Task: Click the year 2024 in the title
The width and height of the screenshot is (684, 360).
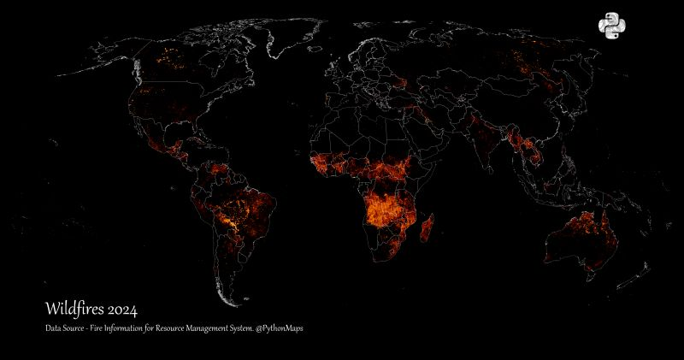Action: pyautogui.click(x=122, y=308)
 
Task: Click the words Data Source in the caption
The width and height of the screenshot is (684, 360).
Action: pyautogui.click(x=68, y=328)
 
